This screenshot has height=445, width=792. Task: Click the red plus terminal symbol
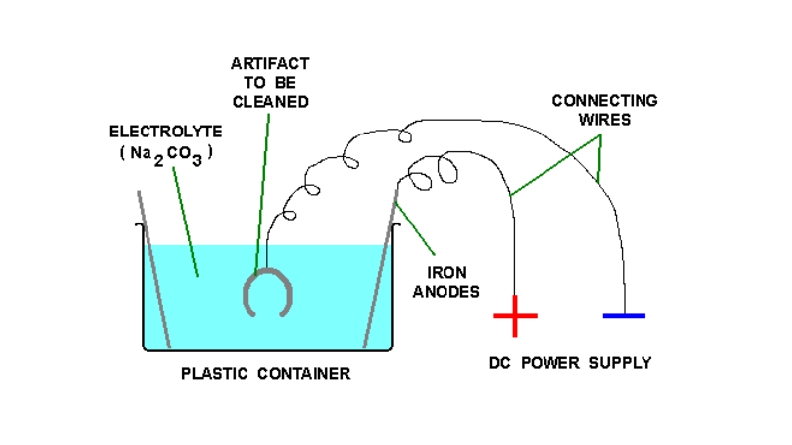click(515, 316)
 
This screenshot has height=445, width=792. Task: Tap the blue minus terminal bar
click(624, 316)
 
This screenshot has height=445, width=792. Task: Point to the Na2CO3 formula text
click(163, 155)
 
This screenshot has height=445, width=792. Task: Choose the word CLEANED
click(269, 101)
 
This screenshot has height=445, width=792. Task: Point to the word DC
click(502, 363)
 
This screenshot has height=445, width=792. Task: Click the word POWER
click(552, 363)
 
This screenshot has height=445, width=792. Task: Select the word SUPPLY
click(620, 363)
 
